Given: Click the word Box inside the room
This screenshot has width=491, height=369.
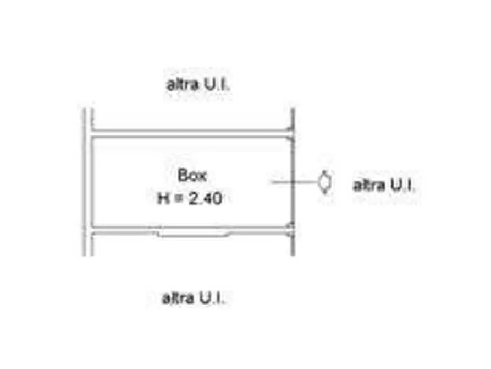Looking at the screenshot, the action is (x=192, y=175).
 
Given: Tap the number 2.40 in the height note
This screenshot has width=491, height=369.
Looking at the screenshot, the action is (x=206, y=199).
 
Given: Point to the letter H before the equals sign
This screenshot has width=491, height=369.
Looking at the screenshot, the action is (x=163, y=199).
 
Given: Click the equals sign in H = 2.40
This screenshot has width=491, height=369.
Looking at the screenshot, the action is (x=179, y=199).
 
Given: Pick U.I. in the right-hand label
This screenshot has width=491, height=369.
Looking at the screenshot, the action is (x=402, y=185).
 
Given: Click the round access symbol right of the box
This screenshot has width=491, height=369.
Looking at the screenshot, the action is (x=324, y=182).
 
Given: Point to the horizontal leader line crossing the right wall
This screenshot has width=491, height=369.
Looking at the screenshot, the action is (x=294, y=182).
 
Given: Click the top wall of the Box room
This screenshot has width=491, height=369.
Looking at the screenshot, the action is (x=192, y=133).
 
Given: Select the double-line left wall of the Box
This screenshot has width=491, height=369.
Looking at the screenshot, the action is (x=88, y=182).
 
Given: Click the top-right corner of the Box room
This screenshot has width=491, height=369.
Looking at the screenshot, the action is (x=291, y=138).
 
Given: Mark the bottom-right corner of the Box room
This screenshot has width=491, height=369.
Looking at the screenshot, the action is (x=291, y=226).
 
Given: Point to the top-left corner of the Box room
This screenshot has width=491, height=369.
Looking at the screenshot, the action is (x=92, y=138).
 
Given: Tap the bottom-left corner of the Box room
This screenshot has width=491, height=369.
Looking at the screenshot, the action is (x=92, y=226).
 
